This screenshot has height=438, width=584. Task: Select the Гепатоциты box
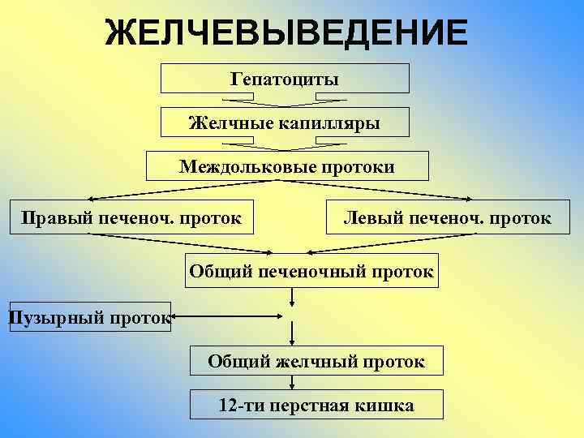(285, 79)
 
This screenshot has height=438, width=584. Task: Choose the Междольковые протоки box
(286, 166)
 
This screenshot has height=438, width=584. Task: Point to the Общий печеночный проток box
(311, 270)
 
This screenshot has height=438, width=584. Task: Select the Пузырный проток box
(89, 317)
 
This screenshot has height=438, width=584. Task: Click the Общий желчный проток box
(316, 360)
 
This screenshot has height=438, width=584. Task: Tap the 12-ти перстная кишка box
(316, 405)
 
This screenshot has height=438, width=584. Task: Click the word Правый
(49, 217)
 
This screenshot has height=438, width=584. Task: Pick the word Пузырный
(55, 317)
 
